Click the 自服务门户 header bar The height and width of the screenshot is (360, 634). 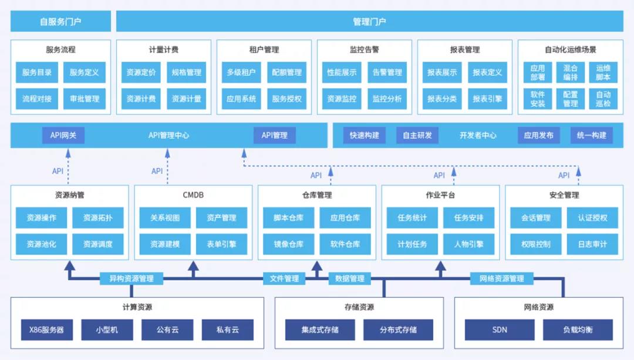pyautogui.click(x=60, y=22)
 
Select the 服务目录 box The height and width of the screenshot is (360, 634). pyautogui.click(x=37, y=72)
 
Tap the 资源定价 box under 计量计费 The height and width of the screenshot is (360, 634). pyautogui.click(x=141, y=72)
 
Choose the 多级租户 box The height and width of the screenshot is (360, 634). pyautogui.click(x=241, y=72)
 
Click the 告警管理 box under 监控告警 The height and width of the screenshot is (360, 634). pyautogui.click(x=387, y=72)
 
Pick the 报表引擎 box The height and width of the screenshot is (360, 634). pyautogui.click(x=487, y=99)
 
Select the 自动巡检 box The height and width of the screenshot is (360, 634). pyautogui.click(x=603, y=99)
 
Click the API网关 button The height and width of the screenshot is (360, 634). pyautogui.click(x=63, y=136)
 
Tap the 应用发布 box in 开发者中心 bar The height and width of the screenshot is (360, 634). pyautogui.click(x=538, y=136)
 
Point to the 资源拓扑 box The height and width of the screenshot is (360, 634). pyautogui.click(x=98, y=218)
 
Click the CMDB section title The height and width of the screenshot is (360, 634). pyautogui.click(x=193, y=195)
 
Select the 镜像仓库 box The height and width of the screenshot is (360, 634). pyautogui.click(x=288, y=244)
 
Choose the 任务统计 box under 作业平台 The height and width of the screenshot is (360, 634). pyautogui.click(x=412, y=218)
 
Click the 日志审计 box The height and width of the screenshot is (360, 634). pyautogui.click(x=592, y=244)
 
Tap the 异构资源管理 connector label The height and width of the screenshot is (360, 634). pyautogui.click(x=131, y=279)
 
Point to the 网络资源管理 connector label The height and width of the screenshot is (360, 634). pyautogui.click(x=502, y=279)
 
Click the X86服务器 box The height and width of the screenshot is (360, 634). pyautogui.click(x=47, y=329)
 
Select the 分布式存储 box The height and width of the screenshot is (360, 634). pyautogui.click(x=398, y=329)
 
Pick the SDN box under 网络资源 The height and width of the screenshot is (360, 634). pyautogui.click(x=500, y=329)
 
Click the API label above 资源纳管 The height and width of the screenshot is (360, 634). pyautogui.click(x=58, y=171)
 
